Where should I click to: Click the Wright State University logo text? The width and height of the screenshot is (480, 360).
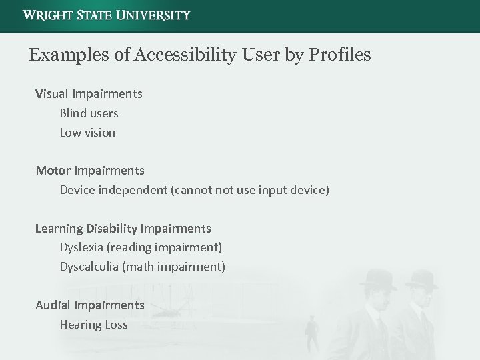coord(106,15)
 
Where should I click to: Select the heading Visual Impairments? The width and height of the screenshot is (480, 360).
coord(89,94)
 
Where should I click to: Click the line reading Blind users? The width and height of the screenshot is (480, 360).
coord(89,113)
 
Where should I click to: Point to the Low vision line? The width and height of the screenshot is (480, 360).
coord(87,133)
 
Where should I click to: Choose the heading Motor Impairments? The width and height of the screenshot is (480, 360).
coord(90,171)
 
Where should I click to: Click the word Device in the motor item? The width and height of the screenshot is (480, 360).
coord(77,190)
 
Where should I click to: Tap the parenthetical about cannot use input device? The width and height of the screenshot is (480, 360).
coord(250,190)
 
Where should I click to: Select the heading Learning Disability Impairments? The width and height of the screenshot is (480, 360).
coord(123,229)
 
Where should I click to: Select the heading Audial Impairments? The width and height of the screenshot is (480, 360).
coord(90,305)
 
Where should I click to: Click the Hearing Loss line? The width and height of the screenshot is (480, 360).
coord(93,325)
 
